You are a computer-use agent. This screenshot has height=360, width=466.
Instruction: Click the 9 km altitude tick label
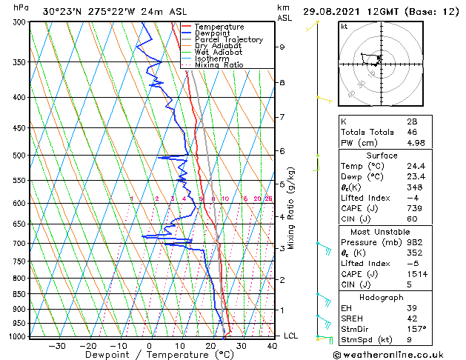[282, 47]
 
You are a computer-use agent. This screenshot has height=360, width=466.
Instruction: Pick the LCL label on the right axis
[292, 336]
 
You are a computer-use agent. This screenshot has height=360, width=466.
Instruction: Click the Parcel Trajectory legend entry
[228, 40]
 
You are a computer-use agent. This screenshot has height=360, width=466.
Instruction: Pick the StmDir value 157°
[416, 329]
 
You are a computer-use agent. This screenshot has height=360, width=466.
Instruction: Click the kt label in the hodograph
[344, 27]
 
